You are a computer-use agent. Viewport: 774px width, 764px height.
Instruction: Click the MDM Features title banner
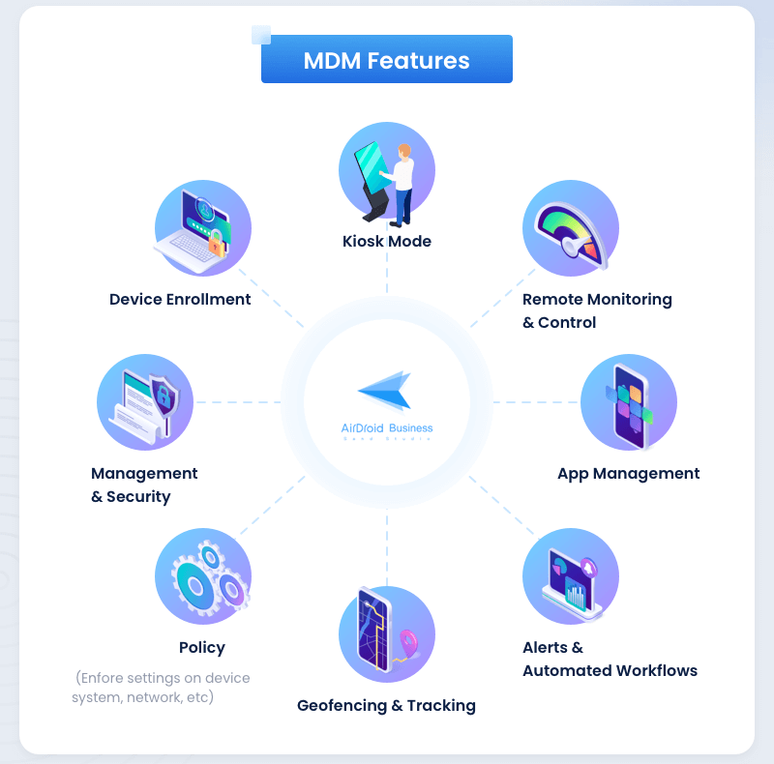[x=386, y=60]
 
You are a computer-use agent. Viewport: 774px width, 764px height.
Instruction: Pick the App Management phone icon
[x=629, y=402]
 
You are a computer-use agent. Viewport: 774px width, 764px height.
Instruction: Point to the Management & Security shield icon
[x=145, y=402]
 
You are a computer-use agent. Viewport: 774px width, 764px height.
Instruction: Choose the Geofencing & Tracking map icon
[x=387, y=634]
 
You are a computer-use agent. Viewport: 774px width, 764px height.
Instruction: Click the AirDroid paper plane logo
[x=385, y=390]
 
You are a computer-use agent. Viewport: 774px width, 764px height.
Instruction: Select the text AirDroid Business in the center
[x=387, y=427]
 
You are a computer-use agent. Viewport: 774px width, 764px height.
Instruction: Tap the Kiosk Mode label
[x=387, y=241]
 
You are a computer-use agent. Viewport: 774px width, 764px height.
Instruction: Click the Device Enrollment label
[x=180, y=299]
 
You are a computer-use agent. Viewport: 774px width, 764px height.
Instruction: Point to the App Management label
[x=628, y=473]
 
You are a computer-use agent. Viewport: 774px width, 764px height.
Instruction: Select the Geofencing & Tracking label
[x=386, y=705]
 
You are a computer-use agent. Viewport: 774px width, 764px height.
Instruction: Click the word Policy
[x=202, y=647]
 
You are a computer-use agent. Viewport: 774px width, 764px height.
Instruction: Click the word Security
[x=138, y=496]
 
